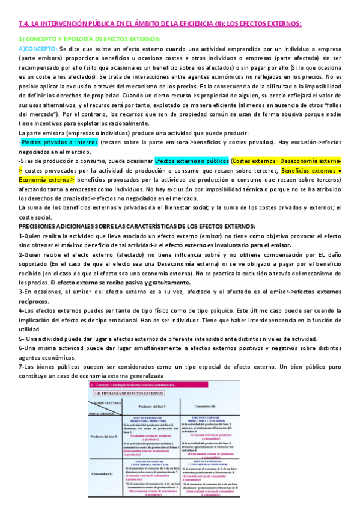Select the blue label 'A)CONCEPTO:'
tap(38, 48)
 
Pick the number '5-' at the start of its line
tap(22, 339)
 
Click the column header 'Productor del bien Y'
tap(152, 406)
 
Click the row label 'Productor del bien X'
tap(103, 437)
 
